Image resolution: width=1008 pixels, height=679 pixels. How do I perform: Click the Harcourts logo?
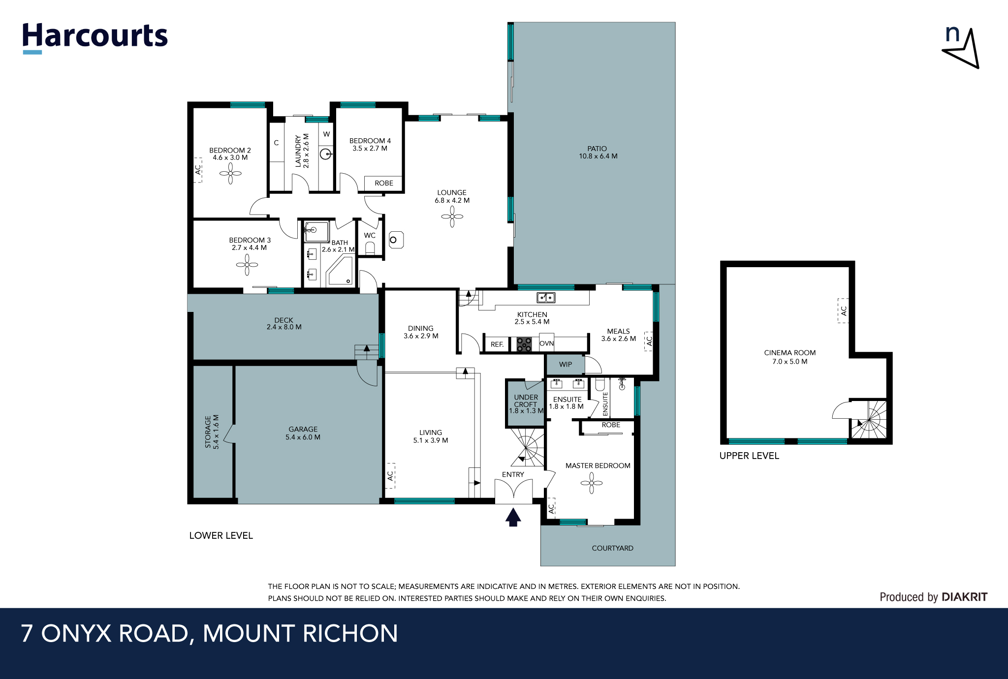click(x=95, y=37)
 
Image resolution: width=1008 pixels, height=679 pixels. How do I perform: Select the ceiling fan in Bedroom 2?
click(x=230, y=173)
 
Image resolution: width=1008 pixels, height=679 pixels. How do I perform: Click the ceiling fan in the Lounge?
click(x=452, y=216)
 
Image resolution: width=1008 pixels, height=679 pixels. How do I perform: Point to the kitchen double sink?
click(x=546, y=298)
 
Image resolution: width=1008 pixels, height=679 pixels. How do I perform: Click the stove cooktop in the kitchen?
click(x=524, y=344)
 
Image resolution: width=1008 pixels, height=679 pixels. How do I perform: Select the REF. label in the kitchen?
click(x=497, y=344)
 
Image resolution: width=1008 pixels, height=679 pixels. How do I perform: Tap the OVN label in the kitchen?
click(x=546, y=343)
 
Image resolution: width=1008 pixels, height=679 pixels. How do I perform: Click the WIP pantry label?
click(x=566, y=365)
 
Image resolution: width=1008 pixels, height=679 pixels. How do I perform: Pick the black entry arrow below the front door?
click(x=513, y=517)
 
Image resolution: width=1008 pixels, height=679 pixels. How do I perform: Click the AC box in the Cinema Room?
click(x=843, y=311)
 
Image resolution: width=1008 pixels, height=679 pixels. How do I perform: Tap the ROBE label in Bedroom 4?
click(x=384, y=183)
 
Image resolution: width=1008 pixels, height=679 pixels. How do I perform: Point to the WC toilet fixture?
click(x=370, y=247)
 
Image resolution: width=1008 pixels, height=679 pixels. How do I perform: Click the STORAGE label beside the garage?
click(x=212, y=432)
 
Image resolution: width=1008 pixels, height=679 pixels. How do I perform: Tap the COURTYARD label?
click(x=612, y=548)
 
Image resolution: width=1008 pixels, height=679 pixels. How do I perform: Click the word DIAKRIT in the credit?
click(x=964, y=597)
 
